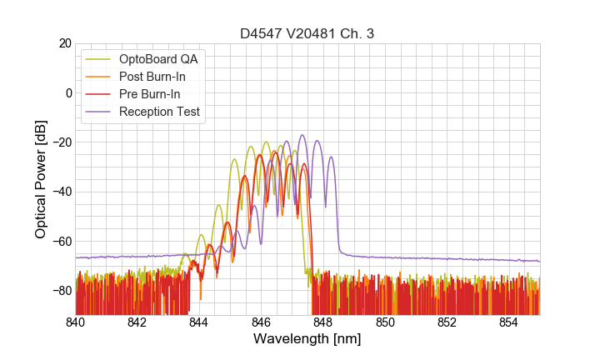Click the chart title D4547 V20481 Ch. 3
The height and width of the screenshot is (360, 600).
click(x=307, y=34)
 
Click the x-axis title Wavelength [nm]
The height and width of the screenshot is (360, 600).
click(x=307, y=339)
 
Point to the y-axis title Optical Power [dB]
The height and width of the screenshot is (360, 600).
click(x=41, y=179)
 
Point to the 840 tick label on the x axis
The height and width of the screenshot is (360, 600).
click(x=76, y=322)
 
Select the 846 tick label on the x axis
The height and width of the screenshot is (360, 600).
click(x=261, y=322)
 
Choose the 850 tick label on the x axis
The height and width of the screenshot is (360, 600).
click(x=385, y=322)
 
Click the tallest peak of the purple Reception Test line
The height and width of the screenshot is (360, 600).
click(x=302, y=135)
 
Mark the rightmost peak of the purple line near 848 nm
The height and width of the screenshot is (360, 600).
click(x=331, y=157)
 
